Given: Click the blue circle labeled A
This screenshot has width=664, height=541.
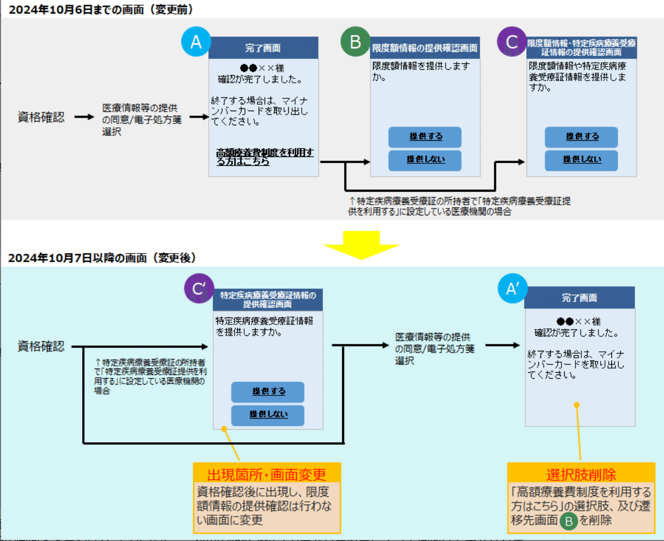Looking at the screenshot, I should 196,41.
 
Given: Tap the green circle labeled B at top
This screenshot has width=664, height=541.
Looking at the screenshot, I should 355,41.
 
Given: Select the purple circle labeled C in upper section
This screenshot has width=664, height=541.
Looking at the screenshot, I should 512,41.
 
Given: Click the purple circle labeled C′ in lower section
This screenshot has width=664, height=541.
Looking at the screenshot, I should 199,288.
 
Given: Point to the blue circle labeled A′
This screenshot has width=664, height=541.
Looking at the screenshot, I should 513,288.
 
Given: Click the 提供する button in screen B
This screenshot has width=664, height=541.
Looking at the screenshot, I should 425,137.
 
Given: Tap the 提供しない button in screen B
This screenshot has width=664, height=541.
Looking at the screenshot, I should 425,160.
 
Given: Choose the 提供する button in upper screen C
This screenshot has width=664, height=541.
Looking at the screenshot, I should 581,137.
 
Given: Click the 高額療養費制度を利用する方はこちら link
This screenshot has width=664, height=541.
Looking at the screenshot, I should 264,156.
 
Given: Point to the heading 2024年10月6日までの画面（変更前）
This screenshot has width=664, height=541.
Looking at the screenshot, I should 101,9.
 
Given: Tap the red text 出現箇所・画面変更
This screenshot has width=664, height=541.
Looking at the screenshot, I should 267,474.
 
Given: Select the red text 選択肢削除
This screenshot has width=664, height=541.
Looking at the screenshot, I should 581,474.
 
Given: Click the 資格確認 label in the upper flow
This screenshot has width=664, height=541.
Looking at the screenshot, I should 41,117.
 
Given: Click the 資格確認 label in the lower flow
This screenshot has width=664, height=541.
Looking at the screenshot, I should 41,347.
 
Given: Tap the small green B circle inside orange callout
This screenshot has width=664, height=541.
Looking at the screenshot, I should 568,521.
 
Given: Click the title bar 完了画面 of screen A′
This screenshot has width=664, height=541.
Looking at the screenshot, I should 579,298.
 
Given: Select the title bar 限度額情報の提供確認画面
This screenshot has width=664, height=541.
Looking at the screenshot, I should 425,48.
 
